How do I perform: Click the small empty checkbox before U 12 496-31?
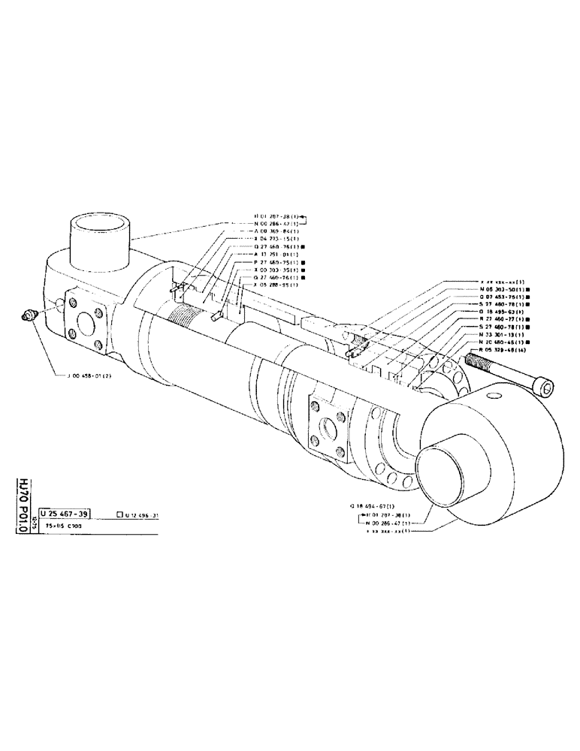tap(119, 514)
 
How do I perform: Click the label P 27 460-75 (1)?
tap(276, 262)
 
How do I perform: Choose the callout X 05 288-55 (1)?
tap(276, 285)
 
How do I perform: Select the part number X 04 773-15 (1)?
tap(276, 238)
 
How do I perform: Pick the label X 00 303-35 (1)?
tap(276, 270)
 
